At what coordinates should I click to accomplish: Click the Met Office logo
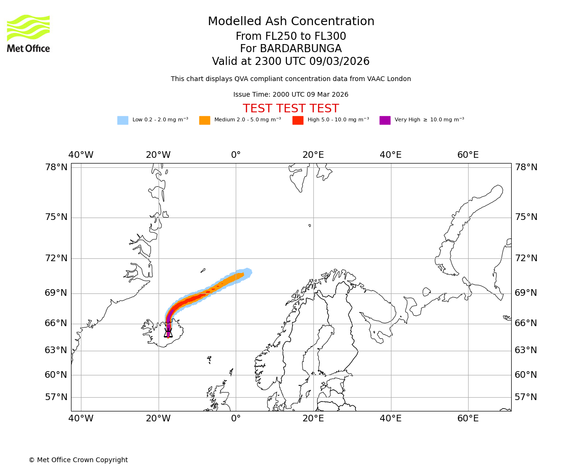[28, 33]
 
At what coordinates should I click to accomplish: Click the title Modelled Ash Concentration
[291, 21]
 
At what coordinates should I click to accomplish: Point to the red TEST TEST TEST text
[291, 109]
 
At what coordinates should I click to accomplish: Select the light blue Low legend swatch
[123, 120]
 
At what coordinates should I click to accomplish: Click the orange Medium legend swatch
[204, 120]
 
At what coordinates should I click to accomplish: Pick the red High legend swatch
[298, 120]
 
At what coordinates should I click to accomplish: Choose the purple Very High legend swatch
[385, 120]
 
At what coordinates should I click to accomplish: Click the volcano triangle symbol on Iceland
[168, 333]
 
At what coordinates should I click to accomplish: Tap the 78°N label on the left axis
[56, 167]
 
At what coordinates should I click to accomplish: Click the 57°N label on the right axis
[526, 397]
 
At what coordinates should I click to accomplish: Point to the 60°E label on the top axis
[468, 155]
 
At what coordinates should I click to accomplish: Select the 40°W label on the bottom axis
[81, 419]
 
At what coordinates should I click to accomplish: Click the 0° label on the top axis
[236, 155]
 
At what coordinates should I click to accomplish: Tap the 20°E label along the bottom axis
[313, 419]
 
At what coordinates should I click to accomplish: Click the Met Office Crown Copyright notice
[78, 460]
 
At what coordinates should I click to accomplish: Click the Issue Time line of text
[291, 94]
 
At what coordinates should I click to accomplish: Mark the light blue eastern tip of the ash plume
[249, 272]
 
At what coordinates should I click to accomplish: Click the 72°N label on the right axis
[526, 258]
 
